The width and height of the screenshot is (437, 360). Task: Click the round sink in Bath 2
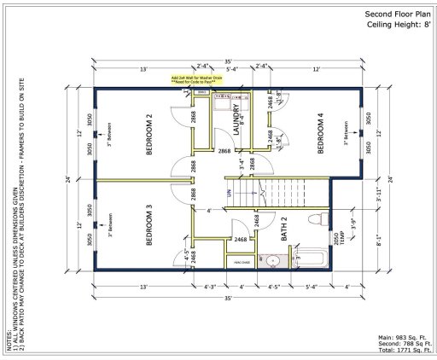click(x=271, y=260)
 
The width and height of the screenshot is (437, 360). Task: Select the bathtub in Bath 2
click(x=313, y=258)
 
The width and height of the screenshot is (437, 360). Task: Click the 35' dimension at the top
click(x=228, y=61)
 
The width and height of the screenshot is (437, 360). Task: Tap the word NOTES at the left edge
click(x=9, y=341)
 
